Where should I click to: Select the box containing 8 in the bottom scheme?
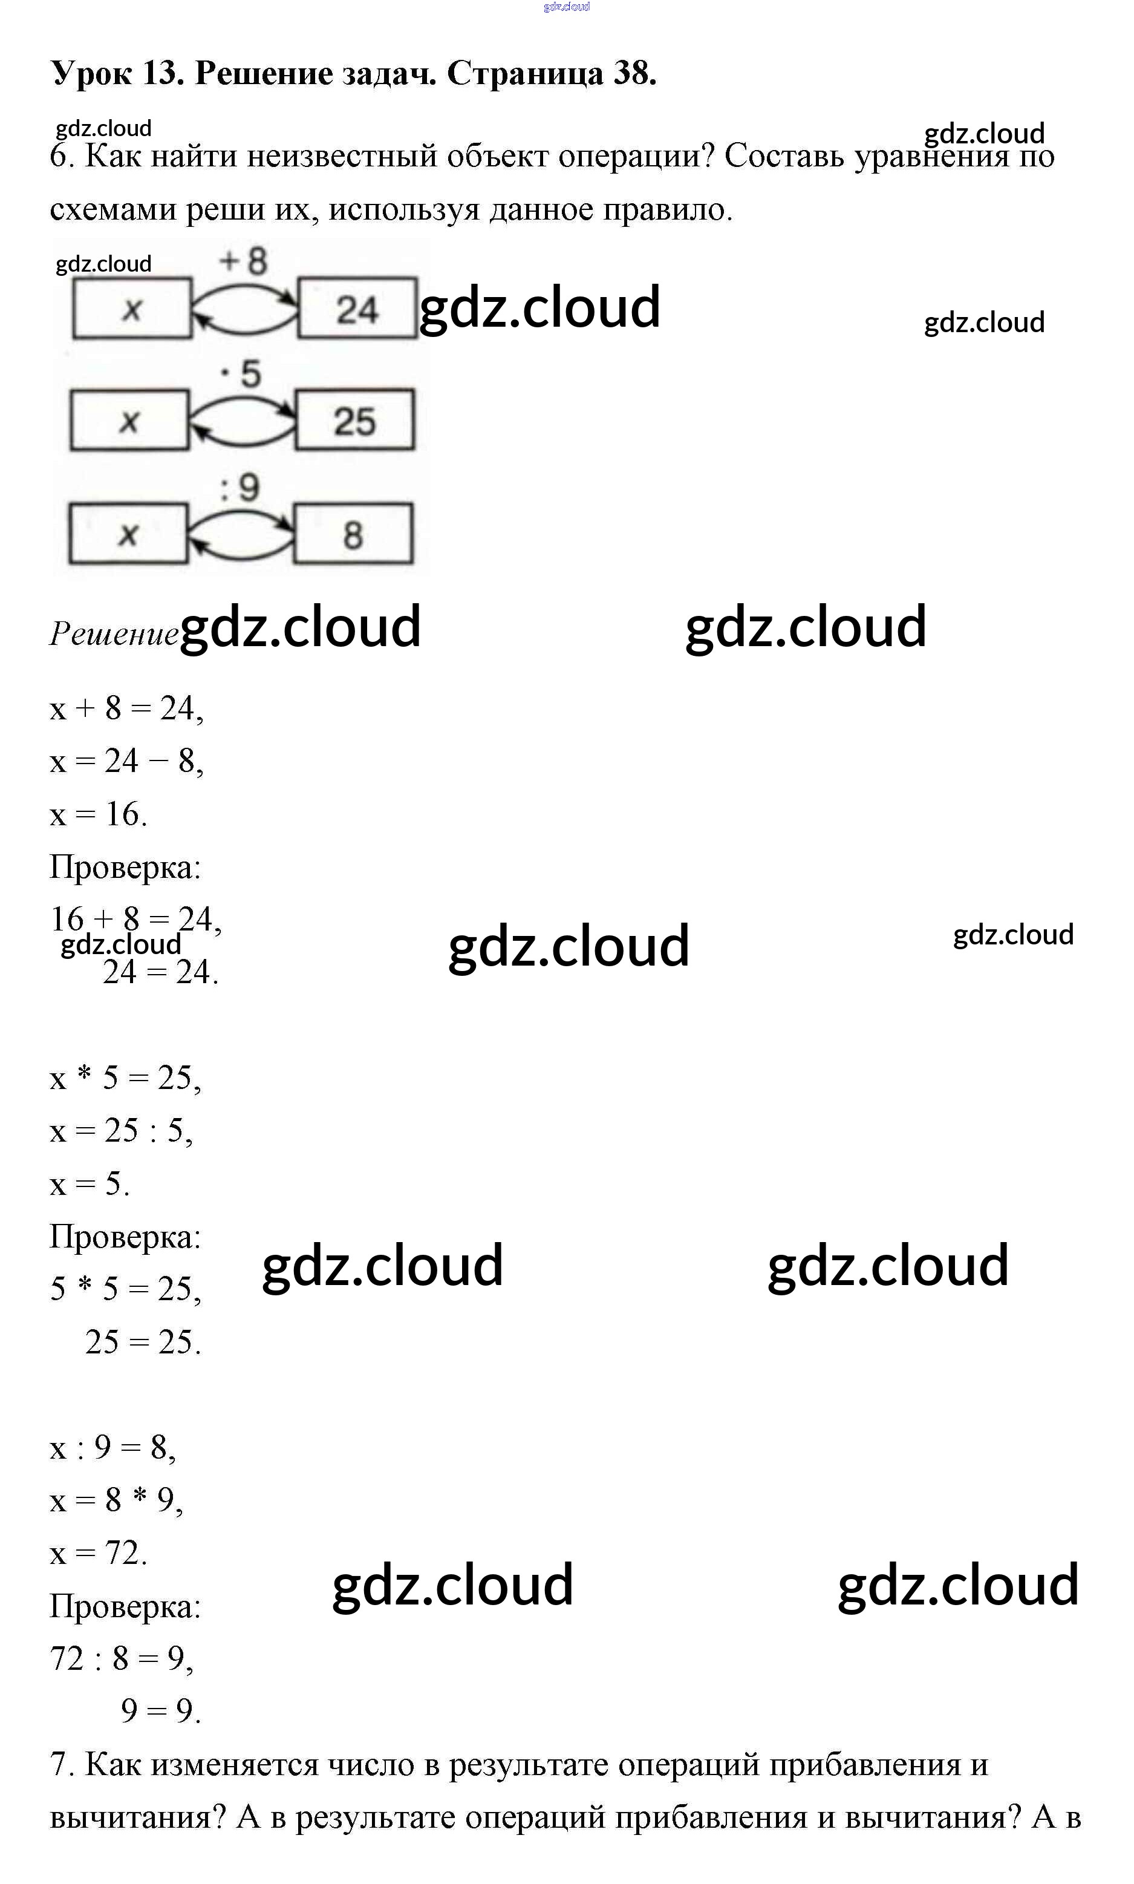coord(353,534)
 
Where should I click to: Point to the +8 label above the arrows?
coord(243,262)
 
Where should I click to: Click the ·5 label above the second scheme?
coord(241,375)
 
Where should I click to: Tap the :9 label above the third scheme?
coord(240,487)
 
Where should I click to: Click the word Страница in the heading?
coord(525,73)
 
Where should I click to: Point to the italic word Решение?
coord(113,633)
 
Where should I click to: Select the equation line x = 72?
coord(98,1553)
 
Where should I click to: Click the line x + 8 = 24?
coord(126,708)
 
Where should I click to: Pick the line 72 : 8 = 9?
coord(121,1658)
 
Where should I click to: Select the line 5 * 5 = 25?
coord(125,1289)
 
